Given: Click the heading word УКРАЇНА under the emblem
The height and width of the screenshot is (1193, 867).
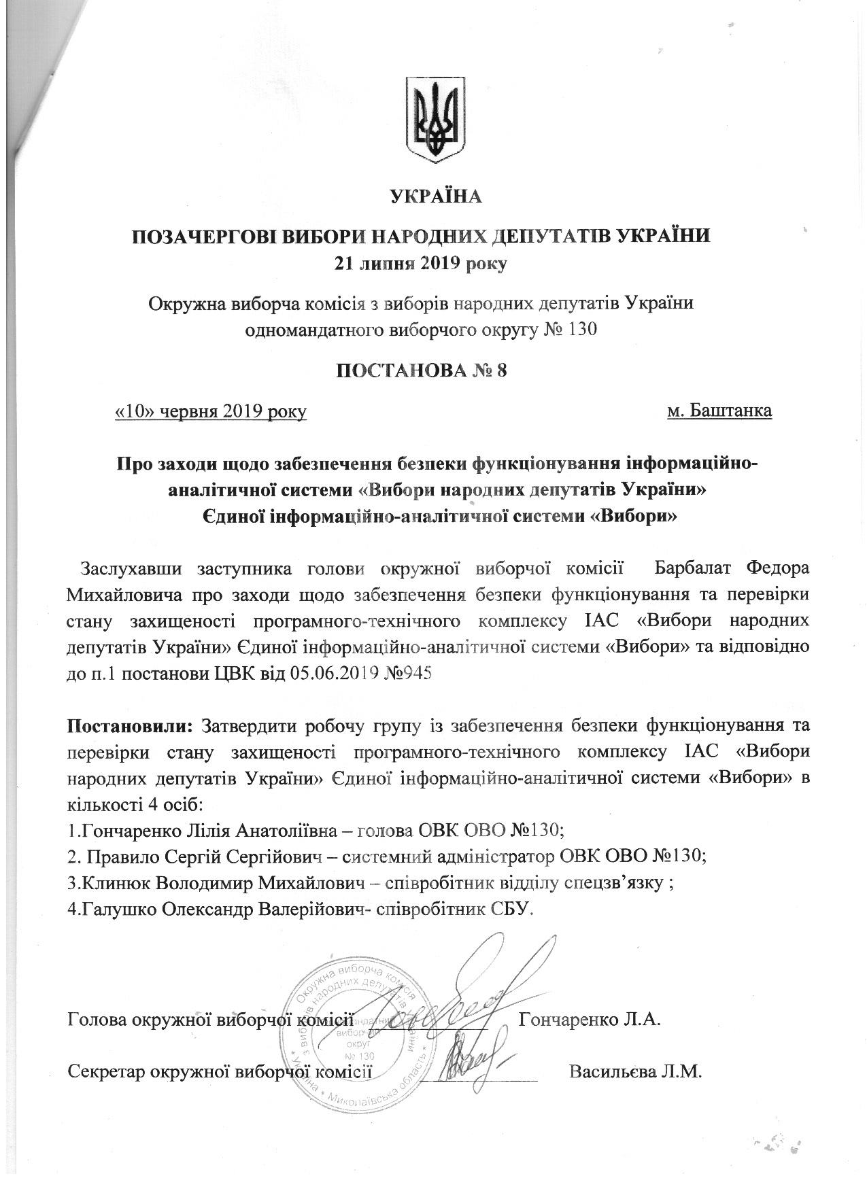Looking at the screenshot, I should (436, 197).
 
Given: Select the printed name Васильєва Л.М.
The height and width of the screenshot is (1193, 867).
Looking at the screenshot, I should (635, 1072).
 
